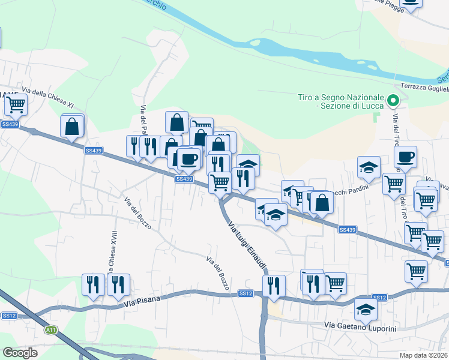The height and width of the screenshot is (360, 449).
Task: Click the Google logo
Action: point(20,353)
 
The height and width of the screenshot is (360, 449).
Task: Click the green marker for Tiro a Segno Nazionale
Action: point(394,101)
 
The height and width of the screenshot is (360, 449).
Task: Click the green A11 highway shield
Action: point(52,329)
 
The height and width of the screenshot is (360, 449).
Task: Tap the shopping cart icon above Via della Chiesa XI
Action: point(16,105)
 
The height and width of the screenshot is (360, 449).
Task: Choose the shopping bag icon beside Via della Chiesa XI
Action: point(72,127)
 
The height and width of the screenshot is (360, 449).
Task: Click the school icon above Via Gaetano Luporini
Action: point(366,310)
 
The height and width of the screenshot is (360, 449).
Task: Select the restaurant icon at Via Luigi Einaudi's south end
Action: point(274,286)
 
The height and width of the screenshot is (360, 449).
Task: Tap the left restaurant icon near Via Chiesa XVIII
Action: point(93,284)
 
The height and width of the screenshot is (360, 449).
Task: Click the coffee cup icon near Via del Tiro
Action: point(406,157)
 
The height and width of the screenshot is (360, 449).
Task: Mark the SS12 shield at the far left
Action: point(8,316)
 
